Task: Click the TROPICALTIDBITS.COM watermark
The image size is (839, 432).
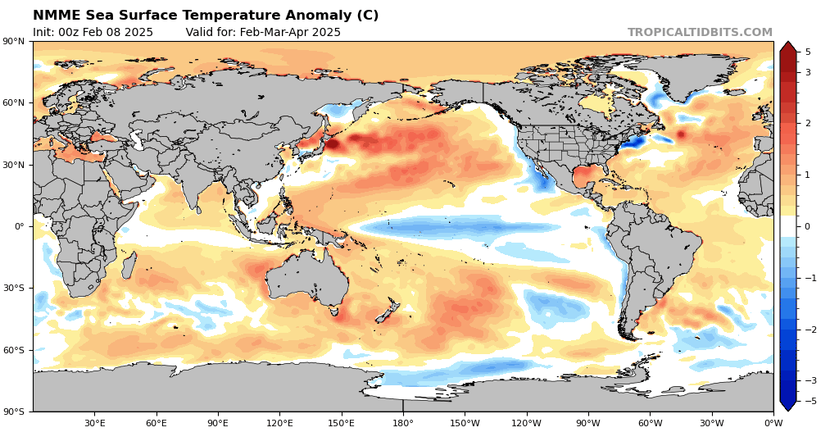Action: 700,33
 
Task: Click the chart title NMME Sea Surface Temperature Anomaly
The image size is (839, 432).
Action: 206,16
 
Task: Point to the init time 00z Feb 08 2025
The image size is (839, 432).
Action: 93,33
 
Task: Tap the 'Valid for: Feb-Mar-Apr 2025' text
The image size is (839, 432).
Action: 263,33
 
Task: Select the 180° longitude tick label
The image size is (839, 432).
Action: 402,423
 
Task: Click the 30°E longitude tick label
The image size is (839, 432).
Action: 94,423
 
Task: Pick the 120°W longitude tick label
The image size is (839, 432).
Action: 526,423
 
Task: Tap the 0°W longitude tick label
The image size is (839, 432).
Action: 773,423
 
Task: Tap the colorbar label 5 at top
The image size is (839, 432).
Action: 808,52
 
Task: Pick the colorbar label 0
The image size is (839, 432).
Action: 808,226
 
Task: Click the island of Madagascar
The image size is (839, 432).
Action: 129,266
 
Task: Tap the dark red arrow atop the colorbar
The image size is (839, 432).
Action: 787,47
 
